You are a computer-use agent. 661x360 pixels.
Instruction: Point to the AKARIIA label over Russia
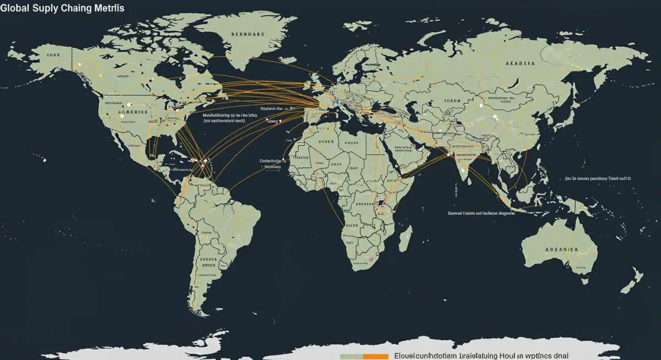[x=519, y=63]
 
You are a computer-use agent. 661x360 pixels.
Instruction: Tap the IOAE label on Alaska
[x=53, y=55]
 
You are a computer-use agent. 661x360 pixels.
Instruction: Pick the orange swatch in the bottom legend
[x=376, y=357]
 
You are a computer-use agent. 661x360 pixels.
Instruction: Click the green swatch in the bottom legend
[x=351, y=357]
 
